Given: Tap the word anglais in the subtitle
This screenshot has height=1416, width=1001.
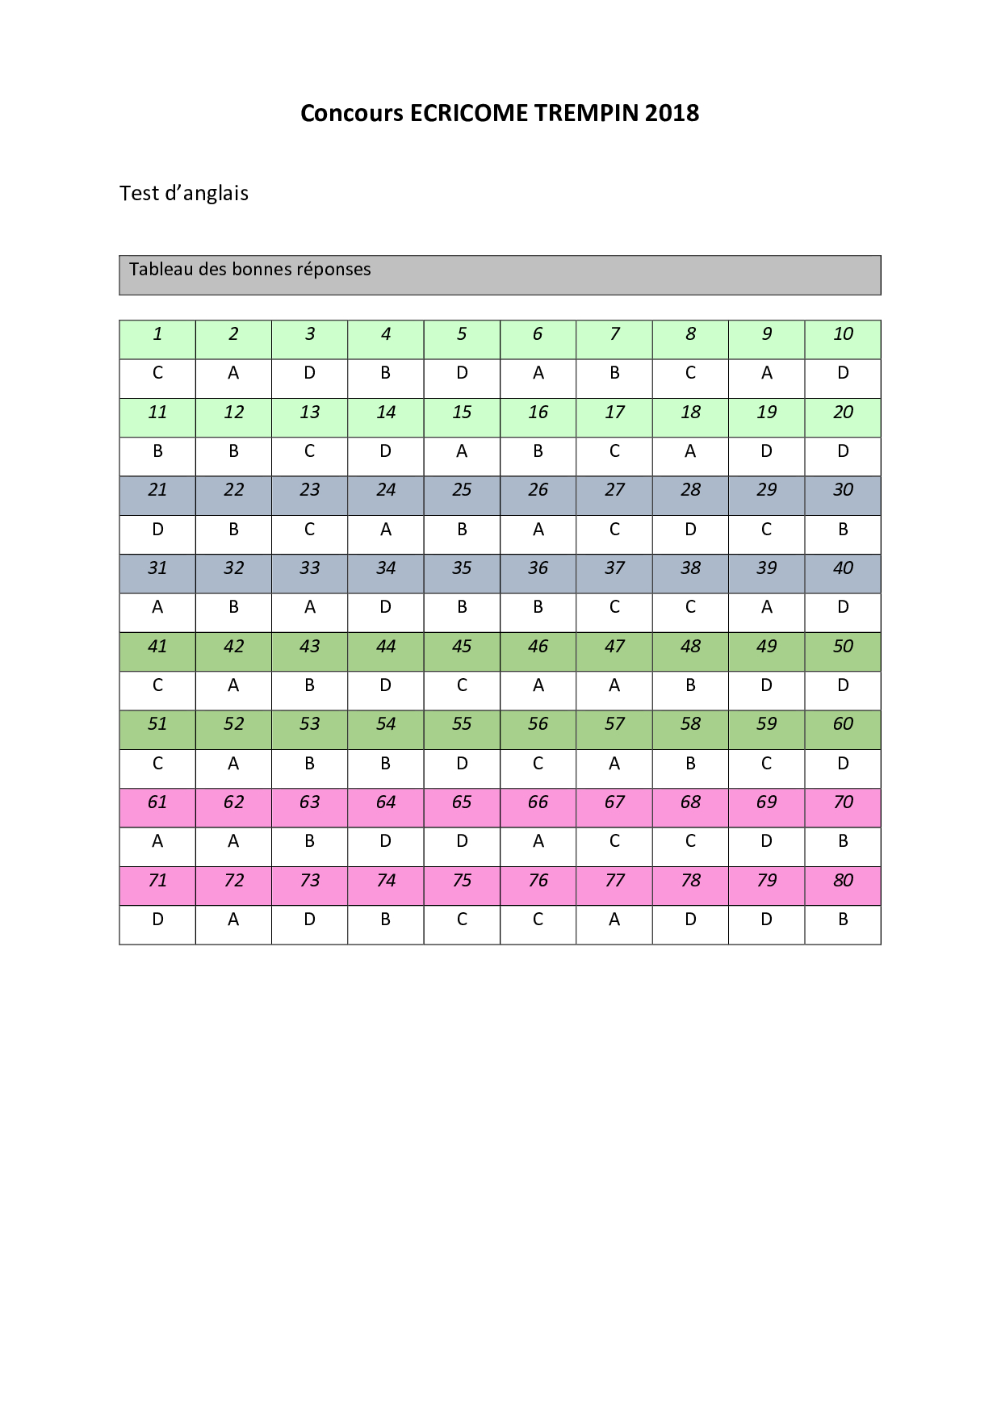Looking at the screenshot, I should tap(216, 194).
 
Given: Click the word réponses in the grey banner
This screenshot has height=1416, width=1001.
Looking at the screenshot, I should tap(333, 270).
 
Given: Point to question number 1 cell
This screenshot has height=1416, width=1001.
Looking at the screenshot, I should tap(157, 334).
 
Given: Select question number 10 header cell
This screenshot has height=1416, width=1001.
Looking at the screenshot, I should tap(843, 334).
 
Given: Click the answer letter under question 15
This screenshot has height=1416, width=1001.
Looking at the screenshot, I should tap(462, 451).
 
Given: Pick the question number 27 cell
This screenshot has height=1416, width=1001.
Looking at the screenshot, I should tap(614, 490).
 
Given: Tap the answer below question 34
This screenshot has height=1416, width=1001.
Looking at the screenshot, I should tap(386, 607).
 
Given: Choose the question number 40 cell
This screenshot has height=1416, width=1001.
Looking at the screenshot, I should tap(843, 568).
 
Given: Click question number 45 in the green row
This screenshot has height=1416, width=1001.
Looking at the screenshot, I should tap(462, 647).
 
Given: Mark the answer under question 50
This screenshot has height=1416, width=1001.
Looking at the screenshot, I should tap(843, 685).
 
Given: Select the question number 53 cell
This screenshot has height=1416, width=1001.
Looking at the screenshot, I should tap(310, 724).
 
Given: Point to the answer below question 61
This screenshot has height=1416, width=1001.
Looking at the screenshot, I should tap(157, 841).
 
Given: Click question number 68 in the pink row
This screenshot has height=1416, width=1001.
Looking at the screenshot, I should tap(691, 802).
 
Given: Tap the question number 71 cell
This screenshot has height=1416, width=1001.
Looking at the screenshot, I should tap(157, 881).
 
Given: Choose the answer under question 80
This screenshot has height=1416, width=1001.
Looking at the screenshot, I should tap(843, 920).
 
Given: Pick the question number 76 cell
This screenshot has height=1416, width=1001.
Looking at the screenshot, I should tap(538, 881).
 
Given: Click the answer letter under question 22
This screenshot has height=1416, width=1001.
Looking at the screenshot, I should tap(233, 530).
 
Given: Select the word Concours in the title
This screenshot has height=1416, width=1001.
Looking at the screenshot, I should tap(352, 113).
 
